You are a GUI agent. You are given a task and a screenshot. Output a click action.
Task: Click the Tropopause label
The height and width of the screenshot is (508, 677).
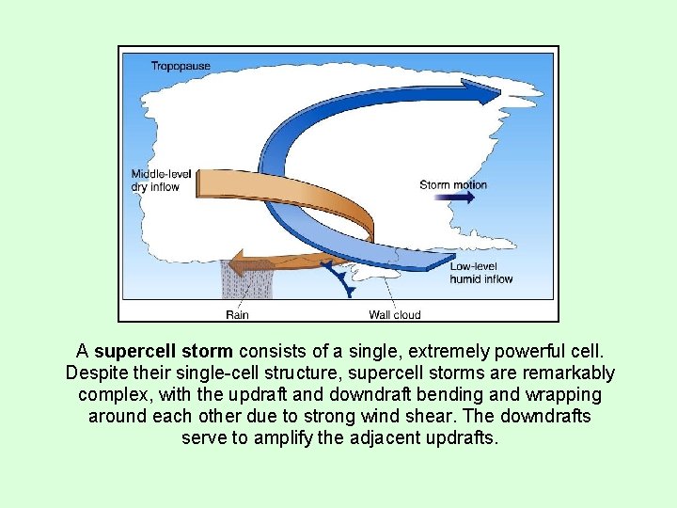[181, 66]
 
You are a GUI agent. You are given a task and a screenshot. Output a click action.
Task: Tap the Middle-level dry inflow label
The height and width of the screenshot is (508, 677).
[162, 181]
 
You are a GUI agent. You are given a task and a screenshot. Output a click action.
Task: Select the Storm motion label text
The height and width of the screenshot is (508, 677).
[453, 184]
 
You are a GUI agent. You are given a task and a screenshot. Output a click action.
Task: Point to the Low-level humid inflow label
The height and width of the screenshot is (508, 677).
[480, 273]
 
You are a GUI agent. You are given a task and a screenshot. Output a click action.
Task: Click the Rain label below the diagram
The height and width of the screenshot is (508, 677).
[237, 314]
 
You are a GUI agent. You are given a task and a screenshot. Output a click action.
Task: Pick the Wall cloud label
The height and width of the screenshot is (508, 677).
[394, 314]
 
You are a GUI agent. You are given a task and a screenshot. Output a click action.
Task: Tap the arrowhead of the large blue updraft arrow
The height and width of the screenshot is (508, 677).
[485, 91]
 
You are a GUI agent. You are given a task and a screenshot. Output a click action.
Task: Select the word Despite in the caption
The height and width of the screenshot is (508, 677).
[95, 373]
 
